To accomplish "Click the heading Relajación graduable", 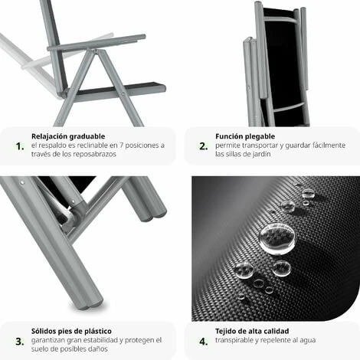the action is click(x=68, y=136).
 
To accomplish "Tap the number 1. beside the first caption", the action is click(x=20, y=146).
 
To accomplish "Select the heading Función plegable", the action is click(x=245, y=136).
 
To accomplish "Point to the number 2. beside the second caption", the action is click(x=204, y=146).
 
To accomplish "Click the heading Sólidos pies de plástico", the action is click(x=71, y=331).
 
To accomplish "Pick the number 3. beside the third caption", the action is click(x=20, y=342).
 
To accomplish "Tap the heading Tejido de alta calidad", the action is click(x=252, y=331).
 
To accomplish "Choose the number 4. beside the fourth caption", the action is click(x=204, y=342).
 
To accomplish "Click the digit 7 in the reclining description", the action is click(x=121, y=146).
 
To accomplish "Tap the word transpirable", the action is click(x=235, y=340).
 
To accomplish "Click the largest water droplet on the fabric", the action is click(x=277, y=238).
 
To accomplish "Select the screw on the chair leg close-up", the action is click(x=23, y=182).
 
